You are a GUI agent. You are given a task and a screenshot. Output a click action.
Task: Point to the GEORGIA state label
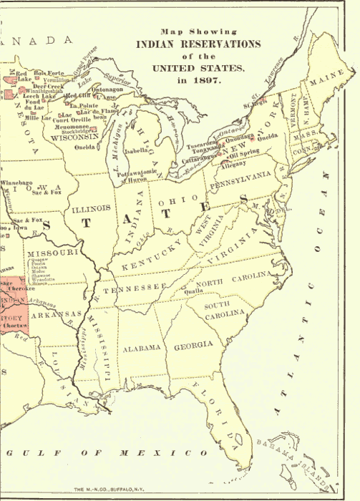(x=193, y=345)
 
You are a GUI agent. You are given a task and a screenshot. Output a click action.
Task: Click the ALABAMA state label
(x=140, y=349)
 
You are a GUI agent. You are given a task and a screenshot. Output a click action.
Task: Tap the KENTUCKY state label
(x=153, y=256)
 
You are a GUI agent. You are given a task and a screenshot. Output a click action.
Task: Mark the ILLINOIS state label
(x=92, y=208)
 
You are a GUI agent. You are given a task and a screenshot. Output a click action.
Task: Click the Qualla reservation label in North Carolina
(x=193, y=291)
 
